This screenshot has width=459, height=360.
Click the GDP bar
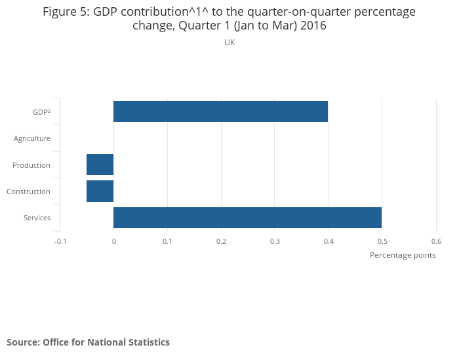click(220, 111)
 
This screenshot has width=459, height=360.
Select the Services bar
click(247, 218)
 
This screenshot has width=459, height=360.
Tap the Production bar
click(100, 165)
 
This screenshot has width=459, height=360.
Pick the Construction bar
click(100, 191)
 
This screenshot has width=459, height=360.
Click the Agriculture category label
click(32, 138)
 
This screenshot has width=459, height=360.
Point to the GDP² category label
click(41, 112)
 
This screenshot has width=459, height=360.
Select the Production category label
click(31, 165)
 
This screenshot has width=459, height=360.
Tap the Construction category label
click(28, 191)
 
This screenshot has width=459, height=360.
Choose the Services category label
click(37, 218)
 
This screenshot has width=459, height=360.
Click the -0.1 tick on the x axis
click(60, 241)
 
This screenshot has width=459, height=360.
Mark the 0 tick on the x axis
click(113, 241)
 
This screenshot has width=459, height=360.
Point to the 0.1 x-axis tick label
click(167, 241)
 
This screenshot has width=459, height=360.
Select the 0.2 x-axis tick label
click(221, 241)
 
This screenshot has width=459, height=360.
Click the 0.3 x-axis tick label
click(275, 241)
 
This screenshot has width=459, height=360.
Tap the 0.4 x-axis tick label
click(329, 241)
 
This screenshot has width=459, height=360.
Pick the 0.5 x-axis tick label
click(382, 241)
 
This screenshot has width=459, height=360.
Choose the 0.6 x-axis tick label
click(436, 241)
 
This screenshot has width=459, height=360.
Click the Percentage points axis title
click(403, 255)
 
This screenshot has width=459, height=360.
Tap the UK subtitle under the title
click(229, 42)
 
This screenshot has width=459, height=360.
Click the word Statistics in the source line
click(148, 342)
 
